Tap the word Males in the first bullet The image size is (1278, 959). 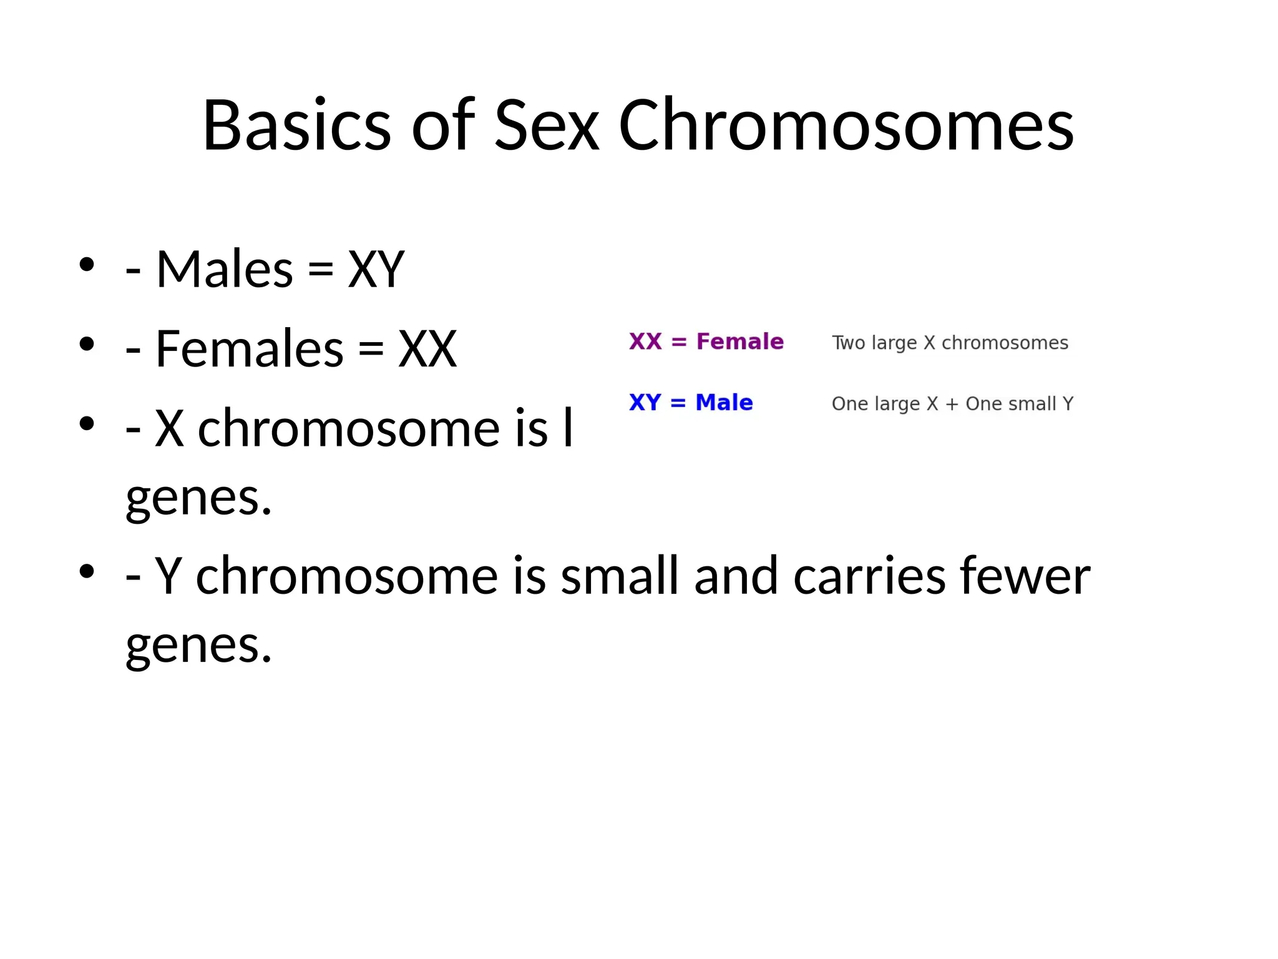(x=224, y=269)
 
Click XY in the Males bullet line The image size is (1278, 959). (x=376, y=269)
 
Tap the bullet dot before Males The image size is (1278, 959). (x=87, y=264)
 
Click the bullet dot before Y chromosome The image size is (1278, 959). (x=87, y=571)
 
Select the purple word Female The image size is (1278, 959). (x=739, y=342)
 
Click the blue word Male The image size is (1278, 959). (x=724, y=403)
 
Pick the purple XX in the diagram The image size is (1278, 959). (x=645, y=342)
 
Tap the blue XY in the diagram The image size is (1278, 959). (x=645, y=403)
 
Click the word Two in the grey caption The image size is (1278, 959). (x=848, y=343)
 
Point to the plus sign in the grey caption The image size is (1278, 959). (x=952, y=404)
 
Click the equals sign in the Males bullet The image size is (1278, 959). (x=321, y=270)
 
